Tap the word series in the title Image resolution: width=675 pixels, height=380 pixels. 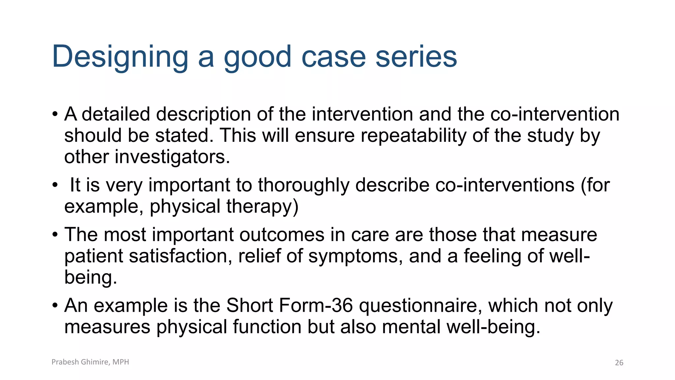(x=416, y=57)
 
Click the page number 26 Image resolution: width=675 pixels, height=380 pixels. (x=619, y=363)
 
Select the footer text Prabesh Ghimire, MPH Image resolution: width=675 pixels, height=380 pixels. (x=90, y=362)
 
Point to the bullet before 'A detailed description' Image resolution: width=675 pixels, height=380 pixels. (x=55, y=115)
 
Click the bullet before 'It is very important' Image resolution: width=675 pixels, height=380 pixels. (x=55, y=185)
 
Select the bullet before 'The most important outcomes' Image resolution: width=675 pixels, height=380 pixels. (x=55, y=235)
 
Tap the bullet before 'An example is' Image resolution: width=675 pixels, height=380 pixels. (x=55, y=306)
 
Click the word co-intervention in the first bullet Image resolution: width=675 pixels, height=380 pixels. (x=555, y=114)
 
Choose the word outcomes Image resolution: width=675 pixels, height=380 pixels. (x=282, y=235)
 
